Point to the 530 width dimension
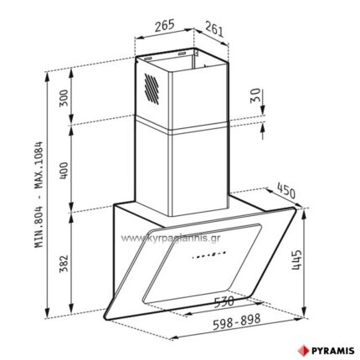pos(224,301)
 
